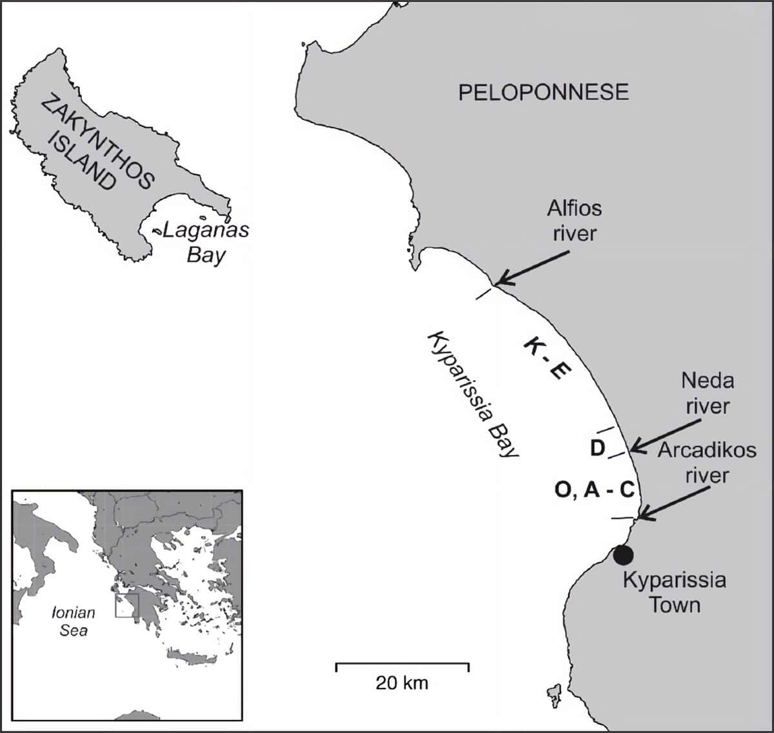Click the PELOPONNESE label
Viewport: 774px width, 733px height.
tap(543, 92)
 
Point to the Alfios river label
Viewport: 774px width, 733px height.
tap(573, 221)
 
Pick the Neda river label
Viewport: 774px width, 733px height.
tap(707, 393)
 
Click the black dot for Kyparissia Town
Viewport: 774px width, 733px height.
tap(624, 554)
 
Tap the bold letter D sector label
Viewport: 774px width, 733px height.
tap(597, 447)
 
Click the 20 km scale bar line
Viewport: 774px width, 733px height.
tap(402, 665)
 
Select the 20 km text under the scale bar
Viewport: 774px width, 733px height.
tap(402, 683)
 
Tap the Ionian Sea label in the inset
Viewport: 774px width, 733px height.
tap(74, 621)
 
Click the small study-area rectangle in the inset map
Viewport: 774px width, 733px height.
tap(127, 606)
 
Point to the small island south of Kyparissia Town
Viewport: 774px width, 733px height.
tap(553, 694)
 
